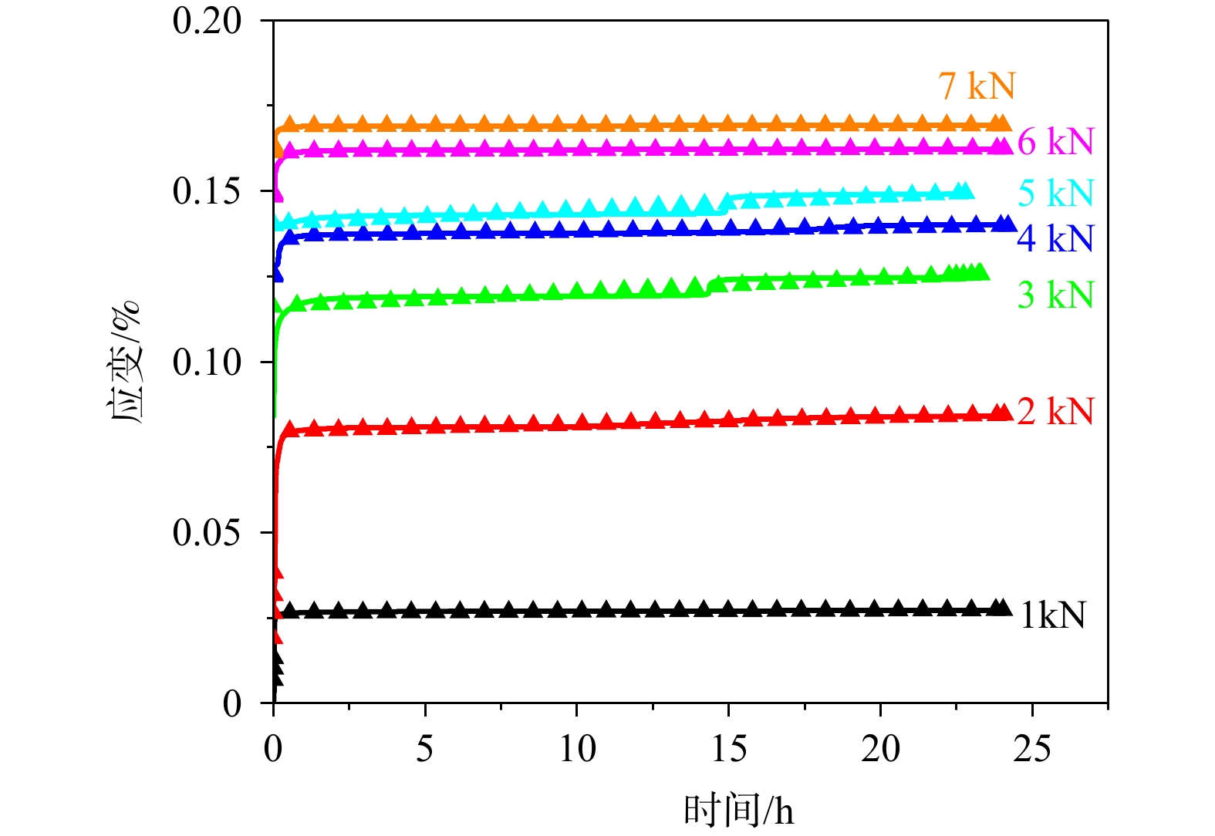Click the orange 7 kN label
(977, 86)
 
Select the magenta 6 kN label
(1055, 142)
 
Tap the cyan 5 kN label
(1055, 193)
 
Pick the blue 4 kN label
(1055, 238)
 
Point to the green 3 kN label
(1055, 295)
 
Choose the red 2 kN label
(1055, 411)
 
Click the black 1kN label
(1052, 615)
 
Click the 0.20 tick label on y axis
(207, 21)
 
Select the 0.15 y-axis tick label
(207, 191)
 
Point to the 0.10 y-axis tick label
(207, 362)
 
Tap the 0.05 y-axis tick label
(207, 532)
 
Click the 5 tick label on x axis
(425, 748)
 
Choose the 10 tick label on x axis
(576, 748)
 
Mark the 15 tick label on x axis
(728, 748)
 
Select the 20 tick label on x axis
(880, 748)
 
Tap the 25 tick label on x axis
(1032, 748)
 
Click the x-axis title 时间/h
(738, 810)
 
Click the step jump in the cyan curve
(725, 203)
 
